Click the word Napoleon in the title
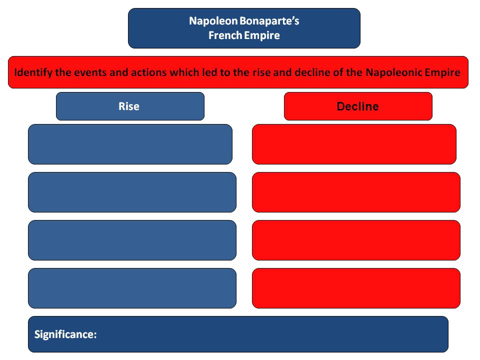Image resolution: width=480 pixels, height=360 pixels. (213, 21)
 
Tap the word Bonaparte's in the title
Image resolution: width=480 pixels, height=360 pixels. (269, 21)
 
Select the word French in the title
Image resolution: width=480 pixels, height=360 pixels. (225, 35)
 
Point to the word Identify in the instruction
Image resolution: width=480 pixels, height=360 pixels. (33, 72)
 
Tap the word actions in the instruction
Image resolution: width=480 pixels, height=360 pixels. (149, 72)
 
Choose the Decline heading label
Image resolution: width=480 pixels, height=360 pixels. (358, 106)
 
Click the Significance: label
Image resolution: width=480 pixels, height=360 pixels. (65, 334)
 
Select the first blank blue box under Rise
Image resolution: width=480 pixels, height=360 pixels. (130, 144)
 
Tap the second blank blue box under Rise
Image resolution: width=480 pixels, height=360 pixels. (132, 192)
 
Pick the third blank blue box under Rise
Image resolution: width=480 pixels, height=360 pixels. (132, 240)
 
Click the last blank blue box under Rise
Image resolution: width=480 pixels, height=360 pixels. (132, 288)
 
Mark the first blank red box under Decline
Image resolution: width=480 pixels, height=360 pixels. (354, 144)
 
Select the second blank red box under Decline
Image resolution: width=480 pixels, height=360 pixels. (356, 192)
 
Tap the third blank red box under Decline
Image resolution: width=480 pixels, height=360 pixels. (356, 240)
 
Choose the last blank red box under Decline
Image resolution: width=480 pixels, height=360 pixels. (356, 288)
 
